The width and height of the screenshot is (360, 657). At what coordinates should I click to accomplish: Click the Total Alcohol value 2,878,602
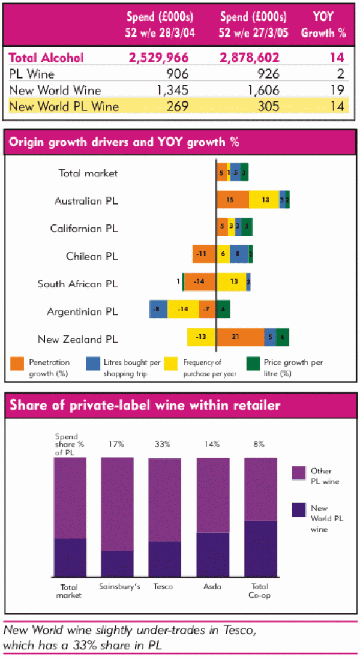tap(256, 58)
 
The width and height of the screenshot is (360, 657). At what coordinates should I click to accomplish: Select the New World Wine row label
tap(55, 91)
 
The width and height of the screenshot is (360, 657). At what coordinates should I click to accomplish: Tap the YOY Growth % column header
tap(324, 25)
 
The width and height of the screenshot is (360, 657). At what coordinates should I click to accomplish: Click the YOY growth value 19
tap(338, 91)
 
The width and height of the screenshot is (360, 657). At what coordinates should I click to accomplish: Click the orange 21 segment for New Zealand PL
tap(240, 337)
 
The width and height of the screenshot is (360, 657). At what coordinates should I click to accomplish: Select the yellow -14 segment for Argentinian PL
tap(183, 310)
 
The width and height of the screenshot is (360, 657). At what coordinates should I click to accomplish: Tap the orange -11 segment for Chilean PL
tap(204, 254)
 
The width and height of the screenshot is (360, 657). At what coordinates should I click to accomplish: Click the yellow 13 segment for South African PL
tap(232, 282)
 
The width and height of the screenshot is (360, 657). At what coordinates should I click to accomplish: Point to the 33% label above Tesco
tap(164, 445)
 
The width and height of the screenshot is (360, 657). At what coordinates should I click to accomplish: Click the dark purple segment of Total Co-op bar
tap(260, 548)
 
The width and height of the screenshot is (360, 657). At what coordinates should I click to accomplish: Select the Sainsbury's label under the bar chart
tap(119, 586)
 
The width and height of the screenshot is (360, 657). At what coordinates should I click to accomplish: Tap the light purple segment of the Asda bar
tap(213, 495)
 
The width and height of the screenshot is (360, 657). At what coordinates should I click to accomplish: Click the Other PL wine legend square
tap(299, 473)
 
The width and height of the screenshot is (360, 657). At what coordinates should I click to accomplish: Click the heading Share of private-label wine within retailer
tap(144, 406)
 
